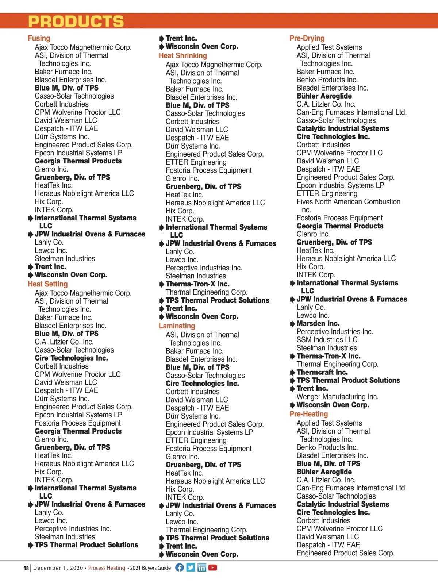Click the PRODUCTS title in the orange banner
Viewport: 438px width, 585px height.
[76, 22]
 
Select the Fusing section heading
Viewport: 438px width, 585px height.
[39, 38]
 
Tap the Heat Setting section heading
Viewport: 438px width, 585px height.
[48, 284]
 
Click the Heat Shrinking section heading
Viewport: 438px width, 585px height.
[182, 55]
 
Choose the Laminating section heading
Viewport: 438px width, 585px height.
[177, 326]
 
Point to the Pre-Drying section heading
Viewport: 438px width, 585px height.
[307, 38]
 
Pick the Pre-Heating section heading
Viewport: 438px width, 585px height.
[308, 414]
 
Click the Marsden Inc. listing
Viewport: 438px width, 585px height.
[318, 324]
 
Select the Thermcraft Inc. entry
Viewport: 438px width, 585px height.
[322, 372]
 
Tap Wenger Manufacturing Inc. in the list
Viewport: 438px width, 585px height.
[337, 397]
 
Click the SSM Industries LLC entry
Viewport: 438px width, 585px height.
[327, 340]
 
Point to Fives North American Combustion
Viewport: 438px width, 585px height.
[348, 202]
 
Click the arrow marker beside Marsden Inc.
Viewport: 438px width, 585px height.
[292, 324]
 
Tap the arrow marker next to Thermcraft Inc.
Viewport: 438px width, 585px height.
[292, 373]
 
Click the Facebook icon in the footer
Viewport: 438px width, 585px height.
[180, 567]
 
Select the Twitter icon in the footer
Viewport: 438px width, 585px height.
[191, 567]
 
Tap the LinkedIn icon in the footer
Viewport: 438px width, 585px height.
[201, 567]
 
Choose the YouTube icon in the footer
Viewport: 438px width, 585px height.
[212, 567]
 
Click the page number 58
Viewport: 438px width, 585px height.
[26, 568]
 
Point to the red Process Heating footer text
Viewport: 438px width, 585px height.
[107, 568]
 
